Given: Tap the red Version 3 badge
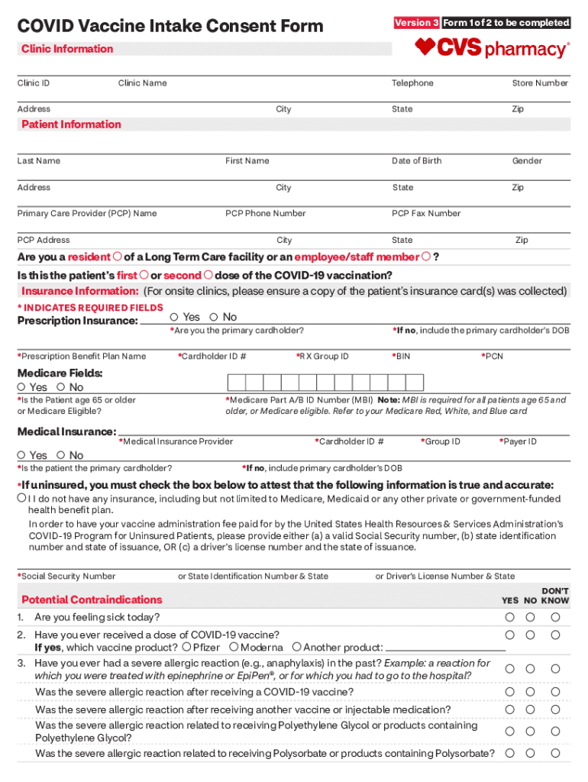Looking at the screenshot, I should click(x=416, y=23).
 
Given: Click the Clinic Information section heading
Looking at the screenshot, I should click(x=67, y=49).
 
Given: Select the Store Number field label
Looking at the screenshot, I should click(x=540, y=83).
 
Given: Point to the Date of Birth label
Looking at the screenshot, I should click(x=416, y=161).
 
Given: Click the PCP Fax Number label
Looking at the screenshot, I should click(x=426, y=214).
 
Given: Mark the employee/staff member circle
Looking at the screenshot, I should click(x=426, y=257).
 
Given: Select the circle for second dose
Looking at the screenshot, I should click(x=208, y=275).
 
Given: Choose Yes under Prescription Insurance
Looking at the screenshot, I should click(x=175, y=317).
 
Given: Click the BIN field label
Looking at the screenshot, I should click(x=401, y=357).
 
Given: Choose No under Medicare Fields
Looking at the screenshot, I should click(x=61, y=387).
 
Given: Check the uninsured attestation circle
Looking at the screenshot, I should click(x=21, y=498).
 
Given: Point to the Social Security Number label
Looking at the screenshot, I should click(x=66, y=577).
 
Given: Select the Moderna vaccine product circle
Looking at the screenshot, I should click(x=234, y=647).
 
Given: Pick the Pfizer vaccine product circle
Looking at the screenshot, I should click(x=187, y=647).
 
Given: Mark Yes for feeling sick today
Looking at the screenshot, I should click(x=508, y=617).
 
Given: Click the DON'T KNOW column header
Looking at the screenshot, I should click(x=555, y=596).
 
